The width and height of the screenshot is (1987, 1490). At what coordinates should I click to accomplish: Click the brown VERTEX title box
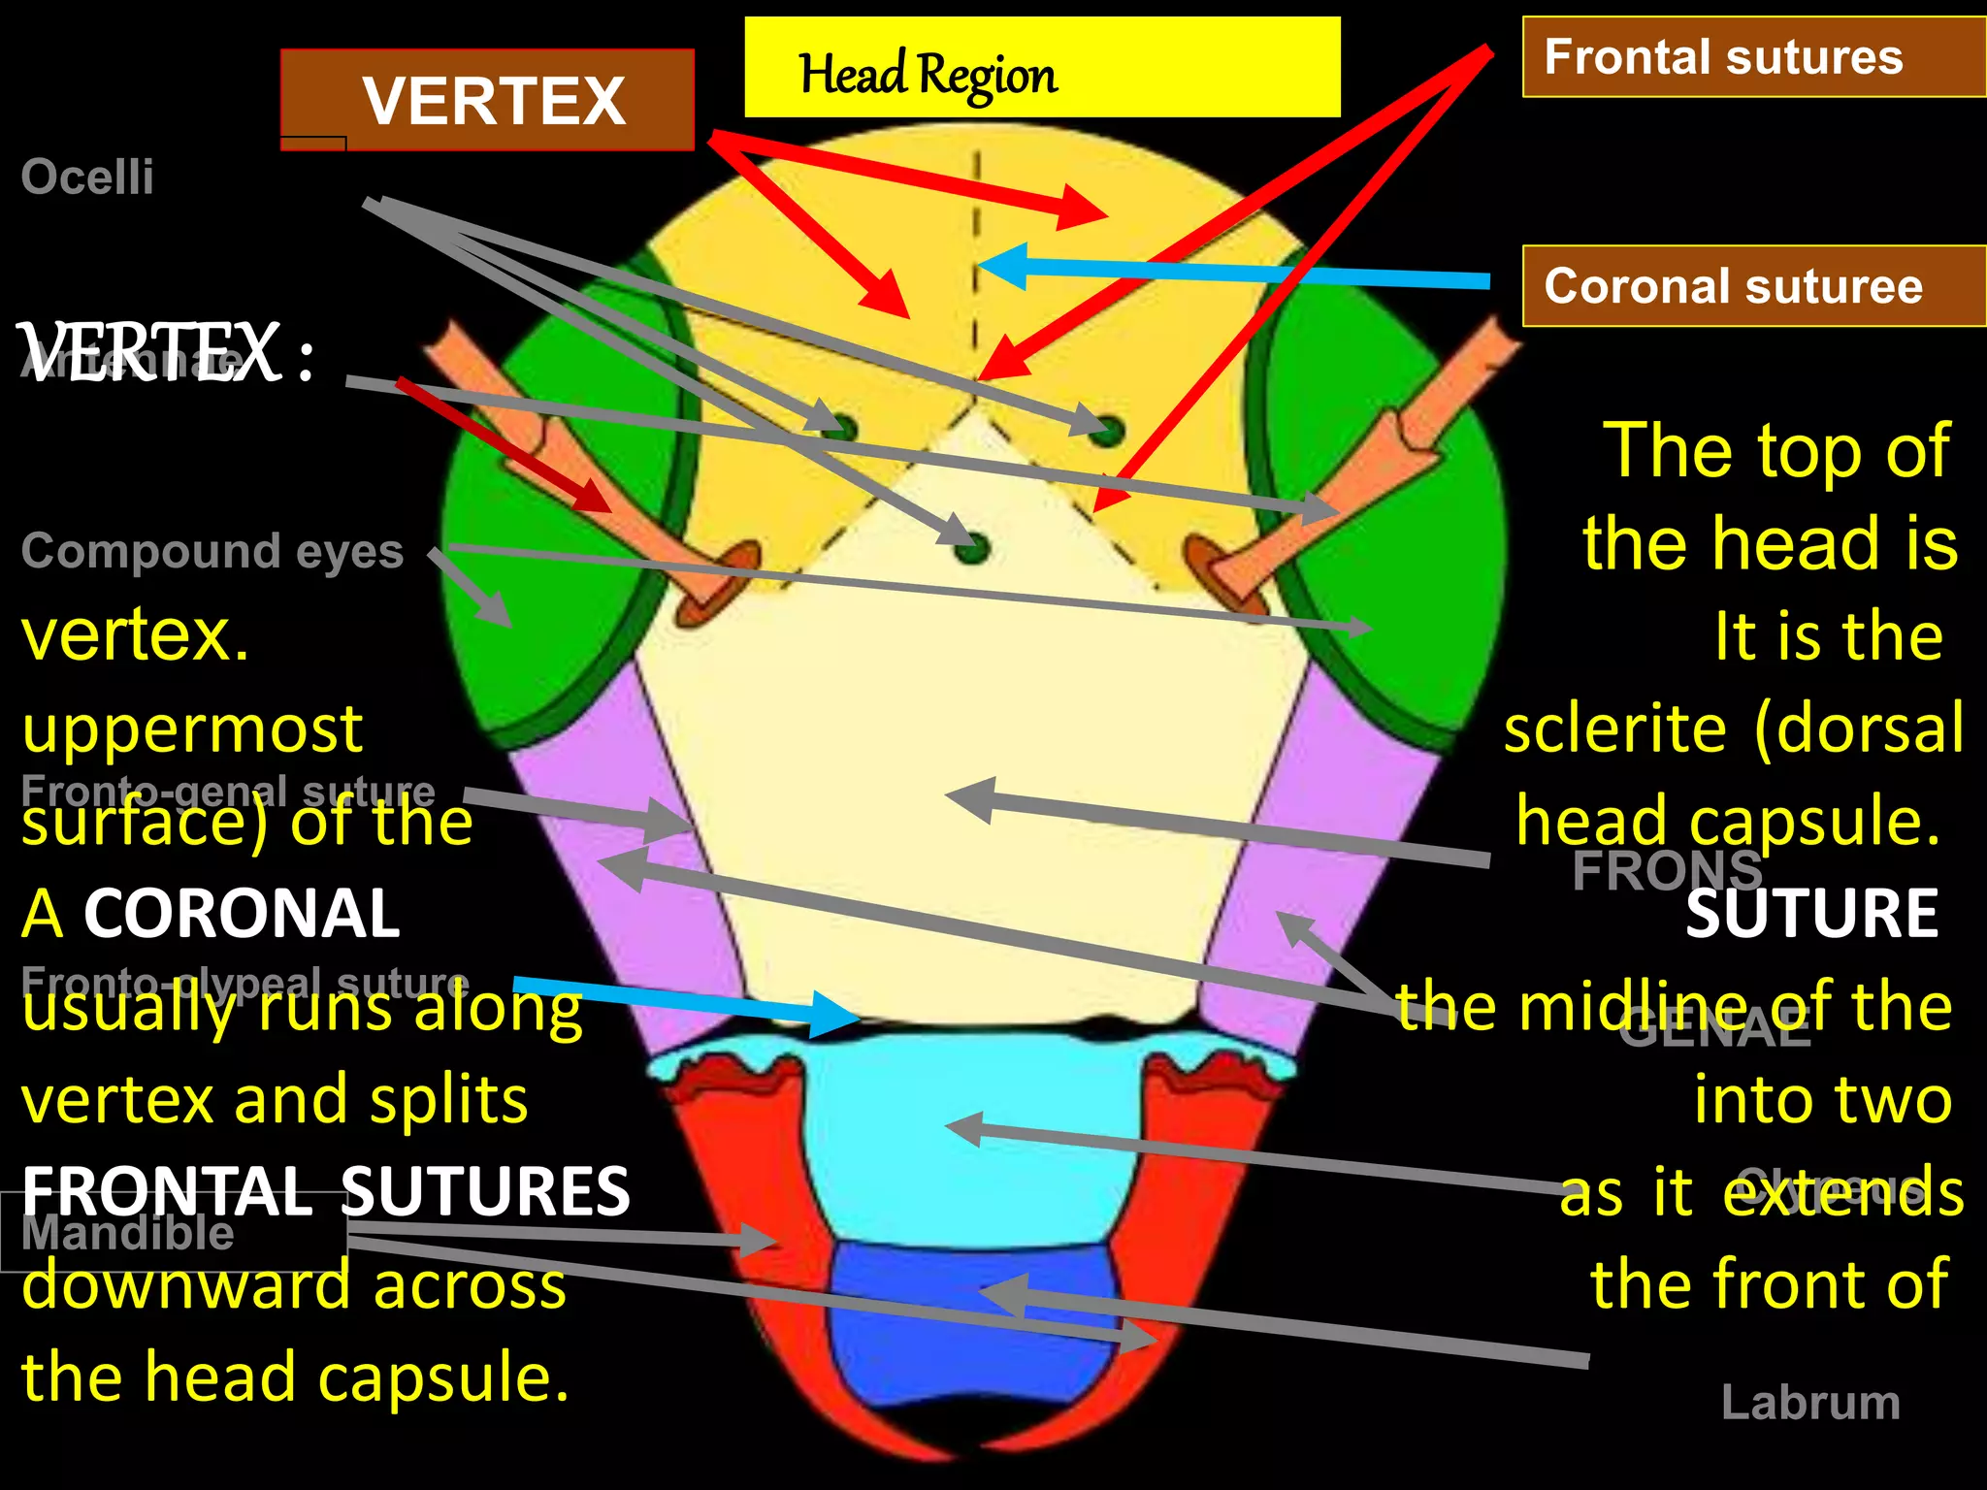tap(488, 101)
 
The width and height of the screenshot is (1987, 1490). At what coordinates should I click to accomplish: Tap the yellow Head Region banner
tap(1041, 68)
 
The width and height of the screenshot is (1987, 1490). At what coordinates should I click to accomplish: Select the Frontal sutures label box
tap(1752, 57)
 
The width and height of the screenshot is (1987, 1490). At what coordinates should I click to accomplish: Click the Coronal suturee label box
tap(1752, 286)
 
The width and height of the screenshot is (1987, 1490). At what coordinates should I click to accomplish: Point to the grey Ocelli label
tap(87, 178)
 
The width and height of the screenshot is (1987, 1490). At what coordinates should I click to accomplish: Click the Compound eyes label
tap(212, 551)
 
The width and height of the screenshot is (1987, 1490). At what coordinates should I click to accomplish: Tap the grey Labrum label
tap(1809, 1403)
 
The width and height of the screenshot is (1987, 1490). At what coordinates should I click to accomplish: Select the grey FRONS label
tap(1666, 870)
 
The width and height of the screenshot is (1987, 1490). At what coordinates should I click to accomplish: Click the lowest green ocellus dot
tap(971, 548)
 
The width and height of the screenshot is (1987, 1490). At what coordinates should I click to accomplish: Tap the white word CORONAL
tap(242, 914)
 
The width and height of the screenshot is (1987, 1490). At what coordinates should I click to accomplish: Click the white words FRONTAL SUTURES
tap(326, 1191)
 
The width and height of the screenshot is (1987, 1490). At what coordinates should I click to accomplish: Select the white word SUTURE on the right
tap(1811, 914)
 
